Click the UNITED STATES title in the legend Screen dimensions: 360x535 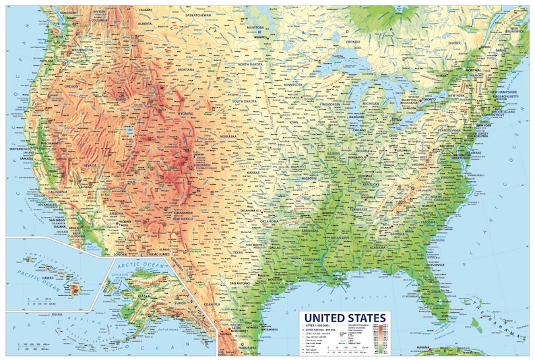coord(344,318)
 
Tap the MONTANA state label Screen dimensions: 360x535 coord(185,69)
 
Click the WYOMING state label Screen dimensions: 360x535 coord(184,114)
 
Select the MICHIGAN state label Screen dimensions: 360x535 coord(371,103)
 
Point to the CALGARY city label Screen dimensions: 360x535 coord(145,10)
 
